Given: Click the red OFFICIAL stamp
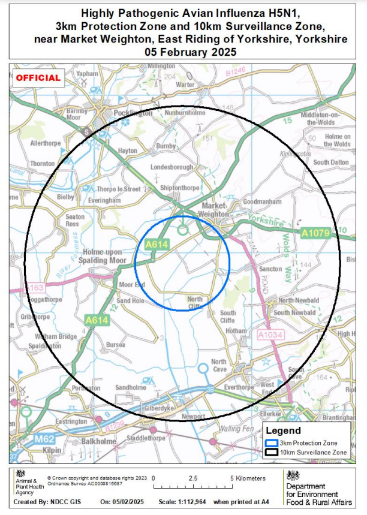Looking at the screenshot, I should point(38,78).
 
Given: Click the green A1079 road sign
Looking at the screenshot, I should point(315,233).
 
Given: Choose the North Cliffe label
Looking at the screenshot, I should point(195,303).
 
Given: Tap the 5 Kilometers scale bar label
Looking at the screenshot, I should point(248,478).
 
